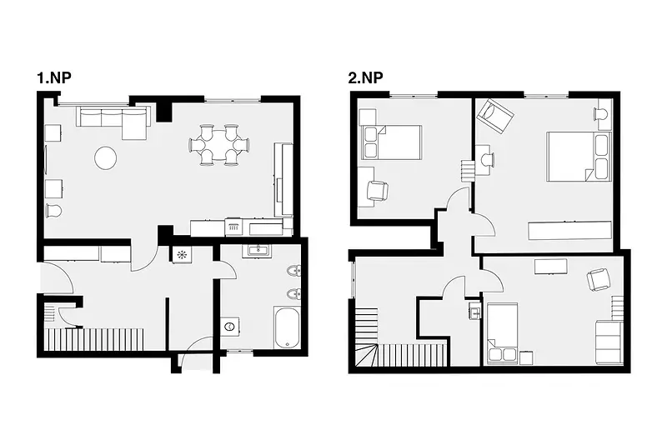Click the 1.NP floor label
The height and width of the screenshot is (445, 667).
click(54, 78)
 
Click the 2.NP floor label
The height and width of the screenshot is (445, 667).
click(365, 78)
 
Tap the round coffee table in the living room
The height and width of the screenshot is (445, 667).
click(106, 158)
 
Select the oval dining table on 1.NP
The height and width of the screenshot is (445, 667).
click(218, 145)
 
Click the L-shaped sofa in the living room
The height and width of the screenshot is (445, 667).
click(113, 122)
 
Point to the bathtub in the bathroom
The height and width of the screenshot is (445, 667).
click(287, 327)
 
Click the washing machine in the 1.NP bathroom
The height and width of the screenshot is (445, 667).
click(230, 327)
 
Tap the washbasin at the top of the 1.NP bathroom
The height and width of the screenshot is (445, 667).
click(258, 250)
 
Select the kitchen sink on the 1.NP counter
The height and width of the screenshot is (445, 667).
click(233, 227)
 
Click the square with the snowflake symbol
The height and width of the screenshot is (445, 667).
click(182, 255)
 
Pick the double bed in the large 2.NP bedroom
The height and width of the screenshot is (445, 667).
click(579, 157)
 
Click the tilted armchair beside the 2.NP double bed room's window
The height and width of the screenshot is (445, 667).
click(495, 115)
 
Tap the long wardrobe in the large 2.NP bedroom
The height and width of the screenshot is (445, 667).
click(570, 230)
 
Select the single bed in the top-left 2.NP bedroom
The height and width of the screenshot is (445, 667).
click(391, 142)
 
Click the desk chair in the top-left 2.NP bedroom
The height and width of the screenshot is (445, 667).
click(378, 190)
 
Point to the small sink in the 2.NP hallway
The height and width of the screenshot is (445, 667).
click(475, 310)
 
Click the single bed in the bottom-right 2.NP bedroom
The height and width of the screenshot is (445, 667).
click(503, 333)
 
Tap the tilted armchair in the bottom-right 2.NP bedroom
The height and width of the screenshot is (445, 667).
click(599, 280)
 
